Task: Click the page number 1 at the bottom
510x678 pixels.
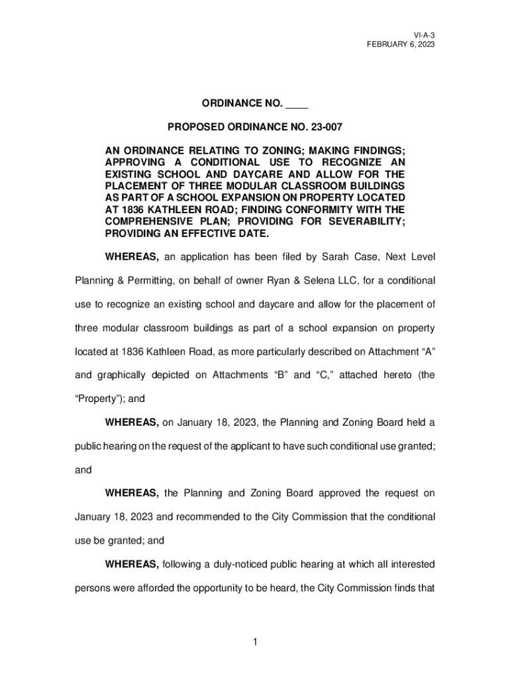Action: click(255, 641)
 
